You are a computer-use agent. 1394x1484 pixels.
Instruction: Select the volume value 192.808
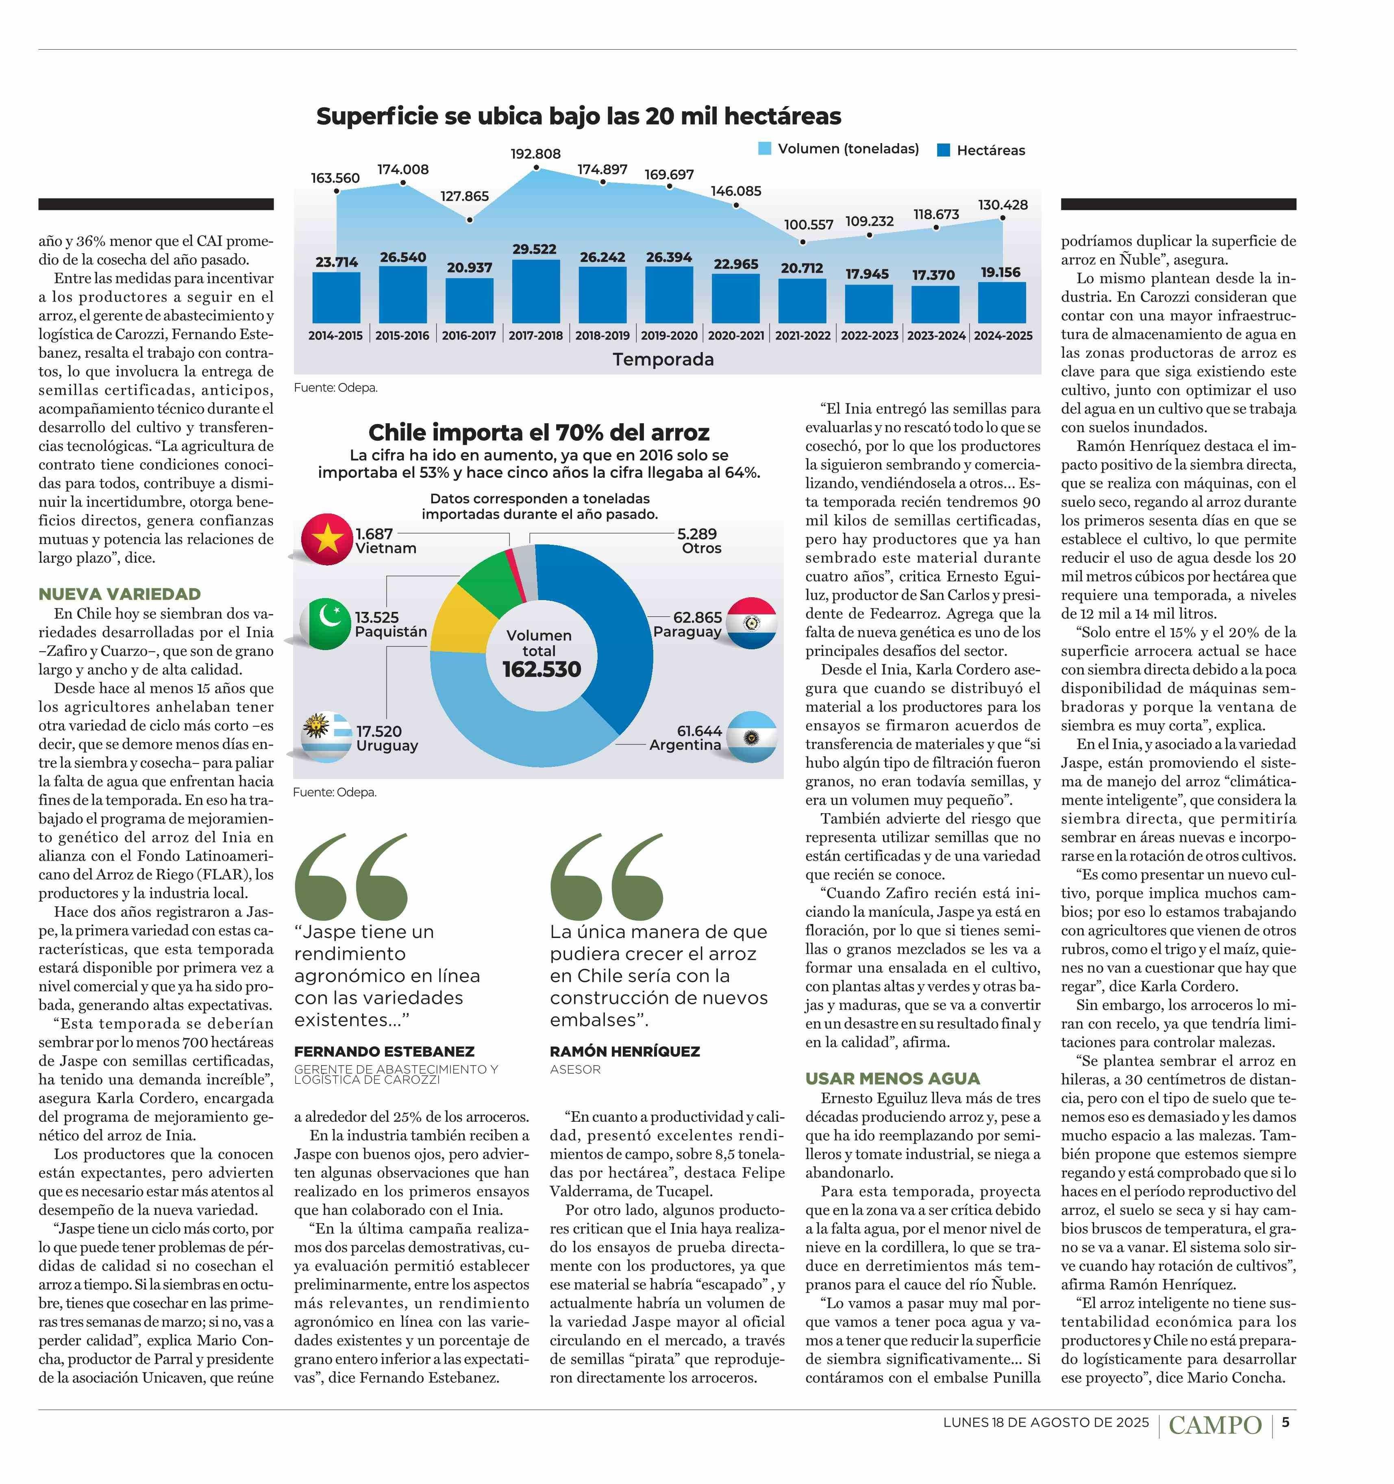(535, 154)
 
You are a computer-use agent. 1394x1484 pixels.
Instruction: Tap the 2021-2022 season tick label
(802, 336)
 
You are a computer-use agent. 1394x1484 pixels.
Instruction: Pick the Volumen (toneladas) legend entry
(838, 148)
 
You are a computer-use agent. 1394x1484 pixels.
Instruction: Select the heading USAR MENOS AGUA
(892, 1079)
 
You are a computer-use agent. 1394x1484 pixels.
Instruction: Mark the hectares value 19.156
(1001, 272)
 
